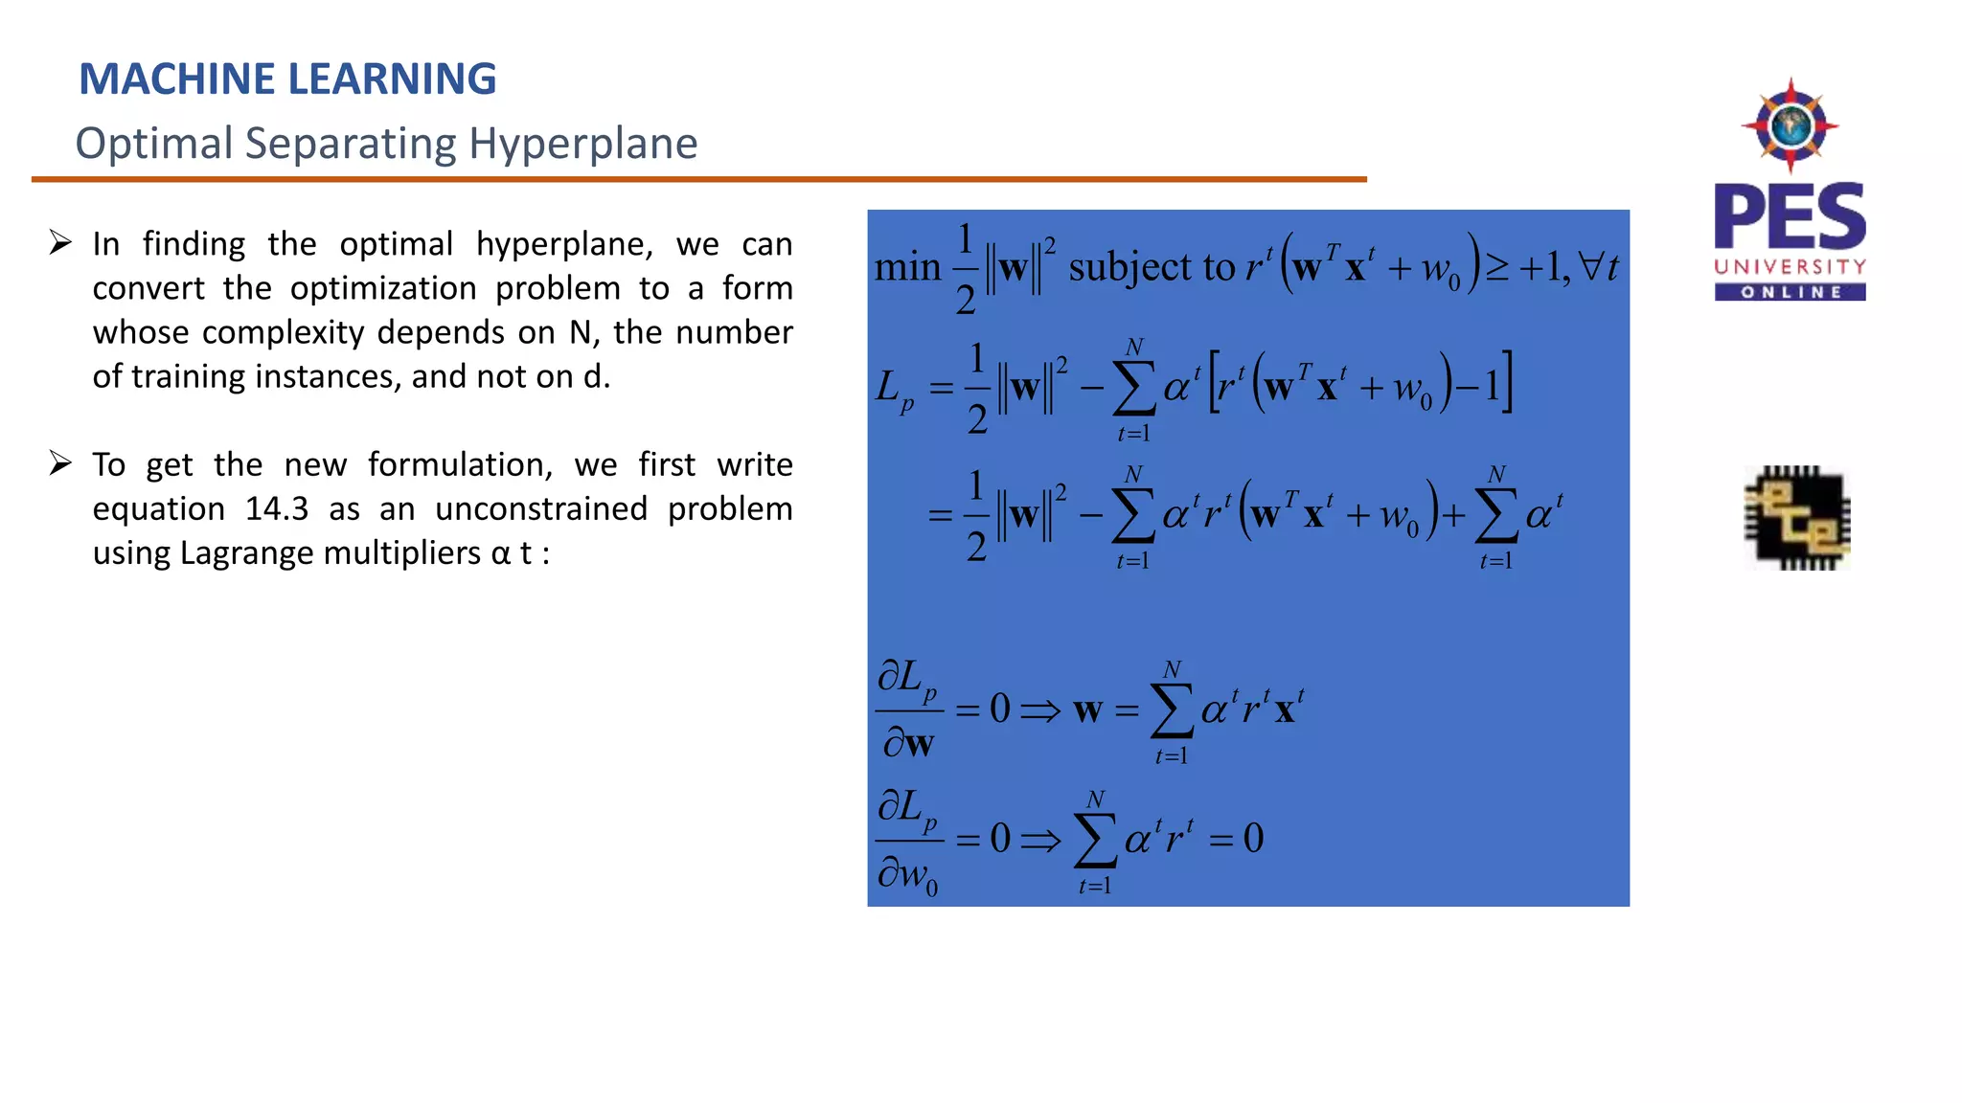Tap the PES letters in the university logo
[x=1790, y=217]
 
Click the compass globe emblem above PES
[x=1790, y=125]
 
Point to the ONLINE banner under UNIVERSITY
[x=1790, y=292]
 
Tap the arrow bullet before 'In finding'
[x=61, y=243]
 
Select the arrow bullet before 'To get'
[x=61, y=464]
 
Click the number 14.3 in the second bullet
[x=276, y=509]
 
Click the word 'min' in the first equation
[x=907, y=267]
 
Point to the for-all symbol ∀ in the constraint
[x=1590, y=265]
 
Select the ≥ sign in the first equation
[x=1496, y=267]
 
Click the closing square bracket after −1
[x=1508, y=383]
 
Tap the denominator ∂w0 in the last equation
[x=907, y=874]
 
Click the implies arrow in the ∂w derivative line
[x=1040, y=710]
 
